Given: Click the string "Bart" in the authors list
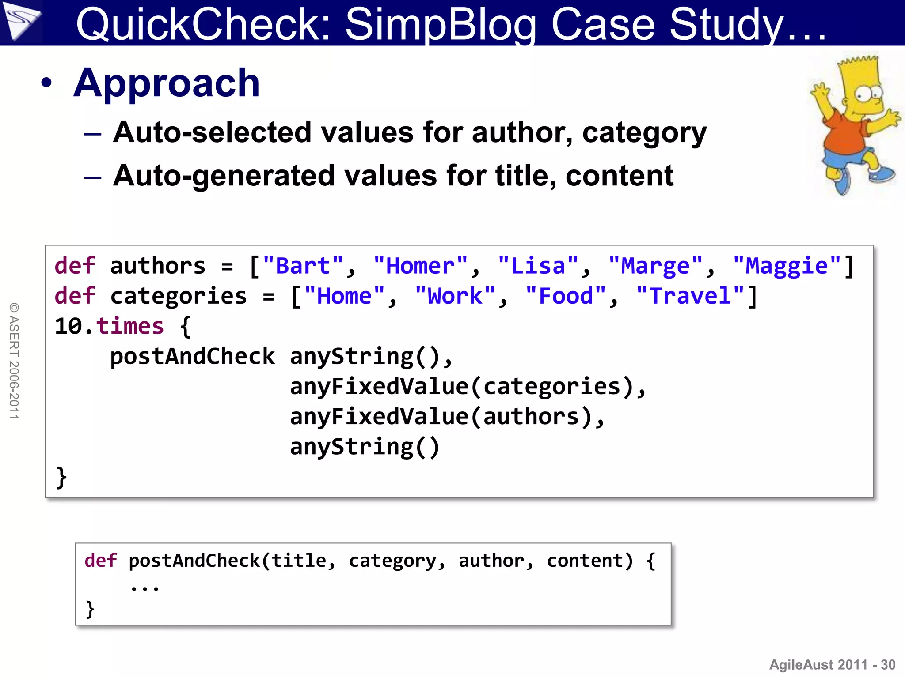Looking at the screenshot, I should pos(303,266).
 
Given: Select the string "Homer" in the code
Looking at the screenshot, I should pos(420,266).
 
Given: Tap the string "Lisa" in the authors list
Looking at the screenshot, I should pos(538,266).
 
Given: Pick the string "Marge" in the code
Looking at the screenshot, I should pos(655,266).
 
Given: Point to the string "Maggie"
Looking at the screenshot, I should pos(787,266).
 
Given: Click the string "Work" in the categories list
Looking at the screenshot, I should pos(455,296).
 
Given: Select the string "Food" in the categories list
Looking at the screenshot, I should pos(566,296).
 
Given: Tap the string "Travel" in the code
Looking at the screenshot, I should pos(690,296).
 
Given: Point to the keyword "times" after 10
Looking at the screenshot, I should pos(130,327).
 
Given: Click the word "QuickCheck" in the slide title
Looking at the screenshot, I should pos(203,24).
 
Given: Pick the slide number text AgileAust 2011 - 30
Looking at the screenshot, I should pos(832,665).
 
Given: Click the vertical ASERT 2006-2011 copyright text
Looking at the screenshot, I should pos(14,361).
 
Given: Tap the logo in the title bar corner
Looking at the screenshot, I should pos(21,21).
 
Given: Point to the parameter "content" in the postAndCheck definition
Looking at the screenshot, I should pos(585,561).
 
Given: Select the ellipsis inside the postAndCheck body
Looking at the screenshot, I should pos(144,588).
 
